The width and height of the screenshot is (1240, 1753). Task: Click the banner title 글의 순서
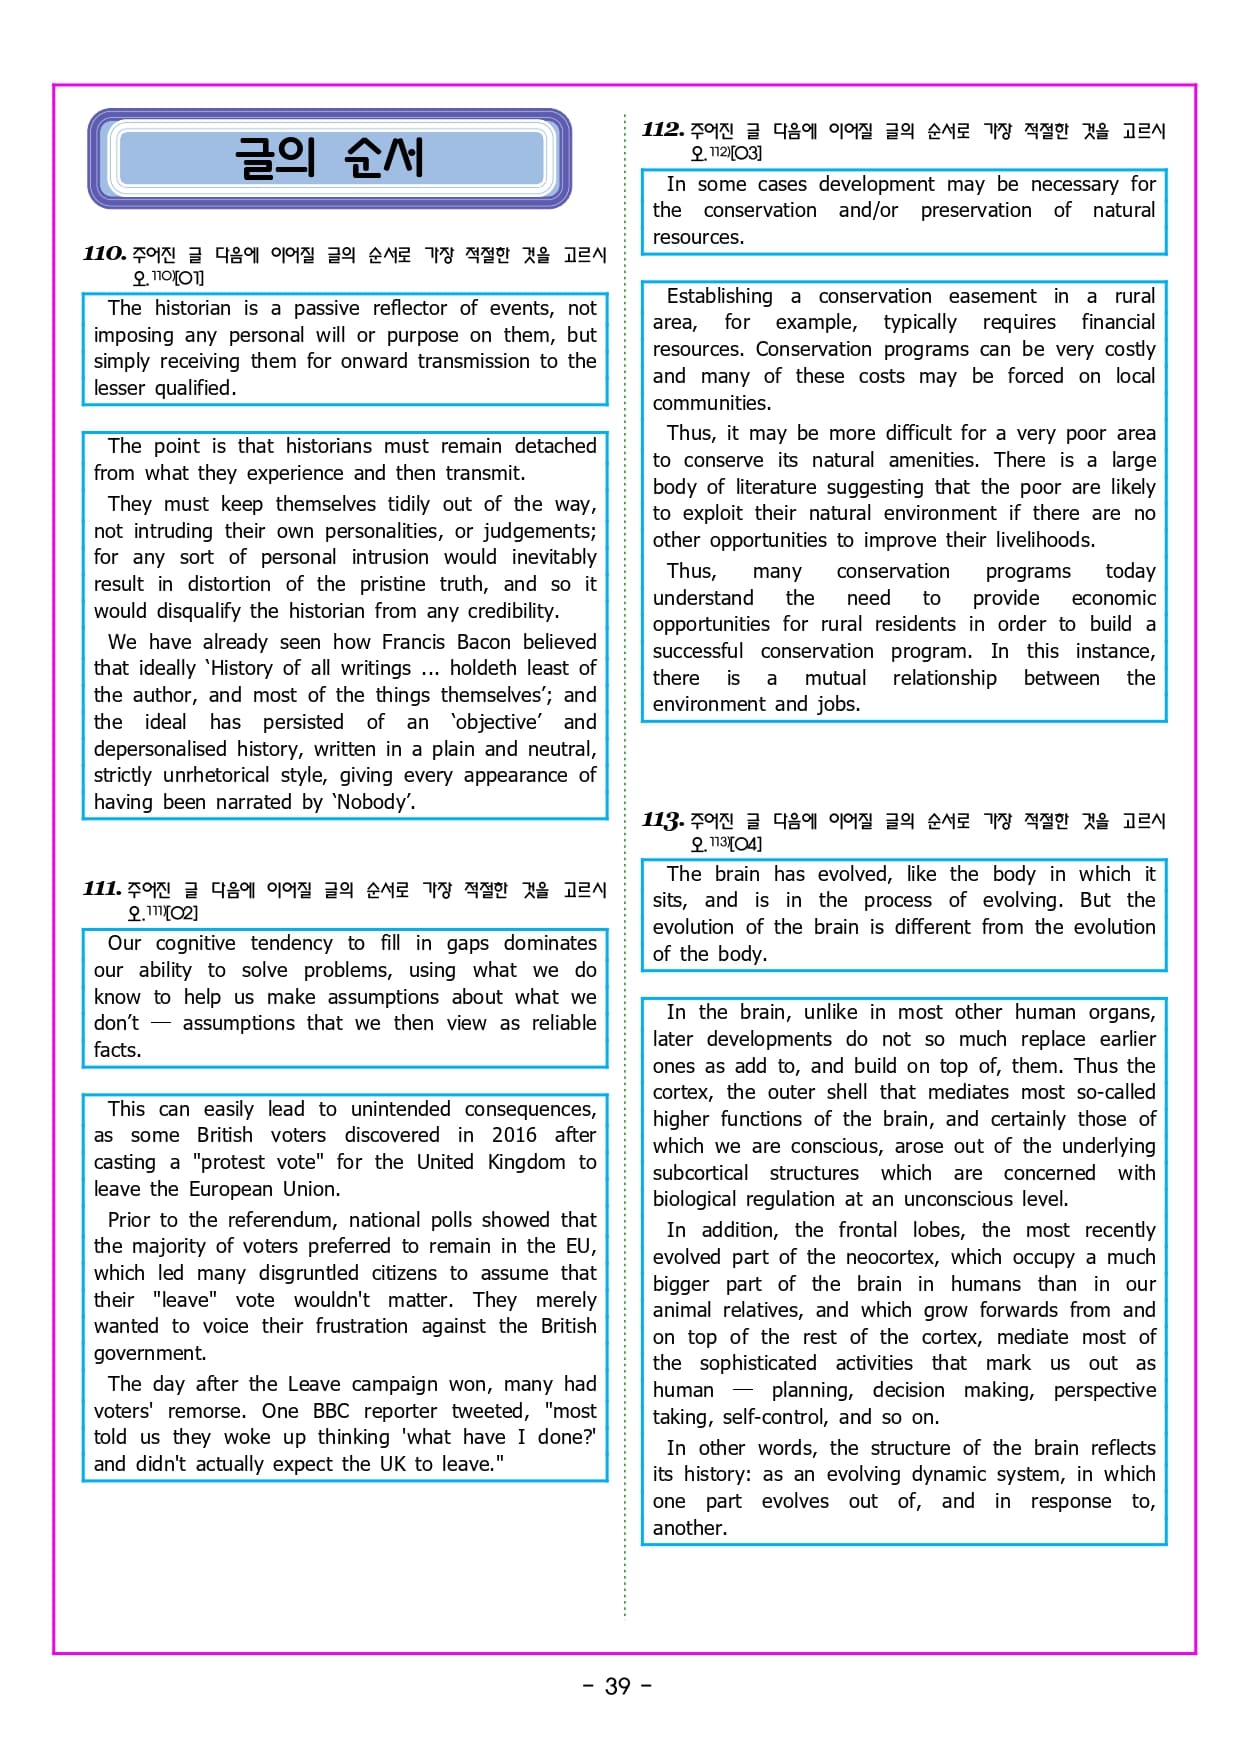[x=329, y=158]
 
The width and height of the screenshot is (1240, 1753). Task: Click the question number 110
[x=104, y=254]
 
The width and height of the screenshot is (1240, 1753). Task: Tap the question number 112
[x=663, y=130]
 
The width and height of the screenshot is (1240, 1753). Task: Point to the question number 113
[x=663, y=821]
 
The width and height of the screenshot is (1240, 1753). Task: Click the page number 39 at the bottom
[x=618, y=1686]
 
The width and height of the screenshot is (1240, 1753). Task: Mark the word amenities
[x=933, y=460]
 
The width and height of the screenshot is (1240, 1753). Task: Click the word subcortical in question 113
[x=700, y=1173]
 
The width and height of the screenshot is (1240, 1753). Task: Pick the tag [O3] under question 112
[x=746, y=153]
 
